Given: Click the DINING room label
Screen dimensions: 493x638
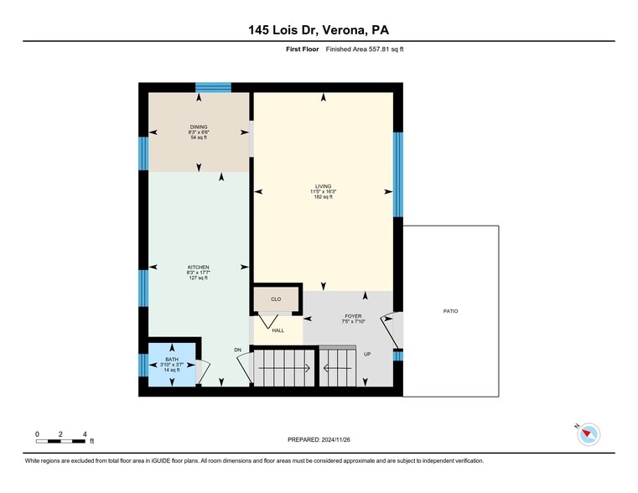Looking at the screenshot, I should click(199, 127).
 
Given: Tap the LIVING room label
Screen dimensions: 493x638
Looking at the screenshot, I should click(323, 186).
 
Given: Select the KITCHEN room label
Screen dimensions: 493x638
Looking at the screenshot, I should click(199, 267).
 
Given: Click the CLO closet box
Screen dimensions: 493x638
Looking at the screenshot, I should click(276, 299).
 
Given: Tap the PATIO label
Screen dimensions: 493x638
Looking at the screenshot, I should click(451, 311).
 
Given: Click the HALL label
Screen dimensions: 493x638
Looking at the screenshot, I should click(278, 330).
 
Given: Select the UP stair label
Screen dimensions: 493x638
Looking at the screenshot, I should click(367, 354).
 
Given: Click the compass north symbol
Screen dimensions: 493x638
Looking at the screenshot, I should click(589, 433).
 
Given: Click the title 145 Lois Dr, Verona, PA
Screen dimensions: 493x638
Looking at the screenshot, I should click(319, 29).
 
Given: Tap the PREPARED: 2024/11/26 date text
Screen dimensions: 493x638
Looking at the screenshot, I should click(319, 439).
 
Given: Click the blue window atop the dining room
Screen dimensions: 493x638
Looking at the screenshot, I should click(213, 87).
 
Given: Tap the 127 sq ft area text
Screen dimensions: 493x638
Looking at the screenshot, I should click(199, 278).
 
